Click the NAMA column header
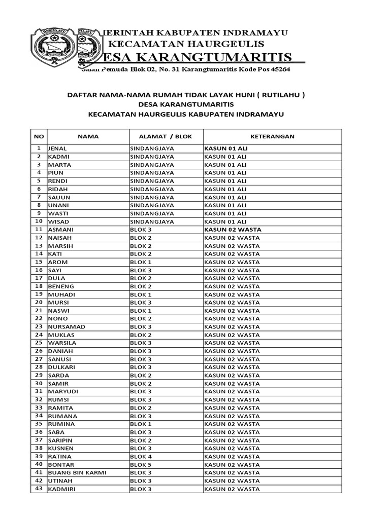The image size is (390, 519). click(x=88, y=136)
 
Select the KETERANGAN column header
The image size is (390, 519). click(x=272, y=136)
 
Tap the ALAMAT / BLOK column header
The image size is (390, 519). click(x=166, y=136)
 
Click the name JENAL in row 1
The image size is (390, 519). click(x=57, y=149)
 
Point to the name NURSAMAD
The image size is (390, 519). click(x=67, y=327)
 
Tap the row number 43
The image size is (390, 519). click(x=39, y=489)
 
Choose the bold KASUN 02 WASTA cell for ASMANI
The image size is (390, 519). click(x=233, y=230)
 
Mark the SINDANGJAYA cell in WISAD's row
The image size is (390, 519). click(x=152, y=221)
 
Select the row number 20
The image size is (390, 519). click(x=39, y=302)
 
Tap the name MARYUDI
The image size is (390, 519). click(x=63, y=392)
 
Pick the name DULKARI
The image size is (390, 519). click(x=62, y=367)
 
